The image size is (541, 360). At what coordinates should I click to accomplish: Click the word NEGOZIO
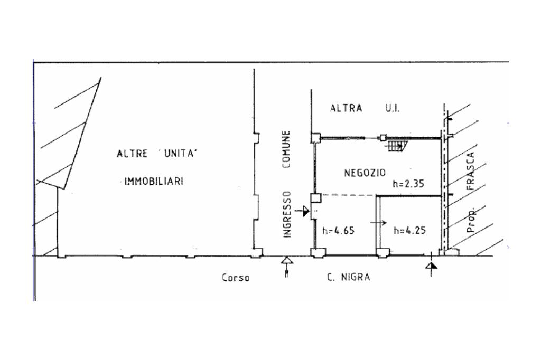click(x=365, y=173)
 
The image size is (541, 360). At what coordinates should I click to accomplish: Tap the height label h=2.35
click(x=408, y=184)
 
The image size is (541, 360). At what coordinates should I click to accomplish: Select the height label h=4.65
click(x=338, y=230)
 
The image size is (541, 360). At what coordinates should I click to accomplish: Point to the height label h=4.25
click(x=409, y=230)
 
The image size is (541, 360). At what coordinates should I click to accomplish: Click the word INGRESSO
click(x=287, y=214)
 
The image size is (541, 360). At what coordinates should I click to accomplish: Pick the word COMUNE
click(x=286, y=149)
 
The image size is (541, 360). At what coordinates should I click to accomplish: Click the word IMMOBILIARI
click(x=154, y=181)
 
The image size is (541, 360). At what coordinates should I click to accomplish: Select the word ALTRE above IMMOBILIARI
click(x=132, y=154)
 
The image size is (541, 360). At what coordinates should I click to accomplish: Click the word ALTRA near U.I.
click(x=346, y=108)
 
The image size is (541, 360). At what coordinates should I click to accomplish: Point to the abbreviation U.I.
click(x=393, y=109)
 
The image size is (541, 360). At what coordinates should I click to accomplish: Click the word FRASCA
click(x=470, y=172)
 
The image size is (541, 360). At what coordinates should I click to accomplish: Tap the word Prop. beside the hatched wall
click(x=471, y=220)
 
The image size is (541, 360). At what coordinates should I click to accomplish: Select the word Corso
click(x=236, y=278)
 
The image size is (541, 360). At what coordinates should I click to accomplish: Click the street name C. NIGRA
click(x=349, y=277)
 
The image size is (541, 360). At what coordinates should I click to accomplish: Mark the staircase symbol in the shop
click(x=397, y=146)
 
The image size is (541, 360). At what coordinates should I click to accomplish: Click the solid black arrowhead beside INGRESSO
click(x=306, y=211)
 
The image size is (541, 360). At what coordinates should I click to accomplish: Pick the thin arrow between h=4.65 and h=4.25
click(x=378, y=223)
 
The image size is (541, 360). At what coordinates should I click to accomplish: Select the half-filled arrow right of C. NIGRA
click(x=431, y=265)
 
